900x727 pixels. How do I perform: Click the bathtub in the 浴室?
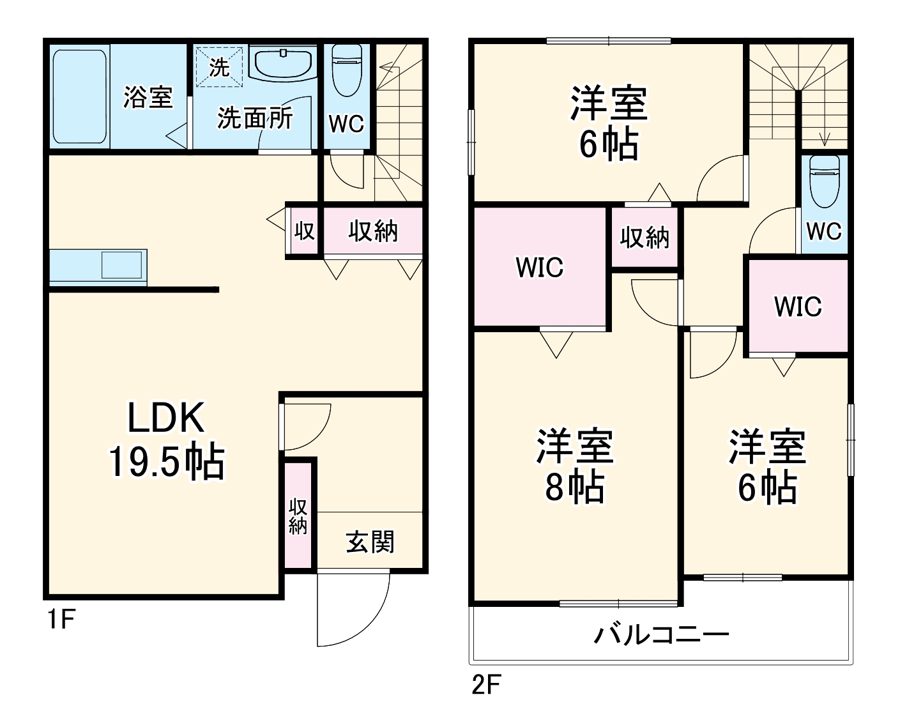tap(79, 96)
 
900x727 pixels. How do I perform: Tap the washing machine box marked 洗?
tap(219, 66)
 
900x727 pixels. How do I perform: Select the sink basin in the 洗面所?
tap(283, 63)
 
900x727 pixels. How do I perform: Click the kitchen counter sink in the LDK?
tap(121, 264)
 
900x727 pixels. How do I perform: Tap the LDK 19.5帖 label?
tap(166, 440)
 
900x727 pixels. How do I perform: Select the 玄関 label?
tap(370, 542)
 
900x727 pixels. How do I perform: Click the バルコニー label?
tap(662, 634)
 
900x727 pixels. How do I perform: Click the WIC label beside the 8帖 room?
tap(539, 268)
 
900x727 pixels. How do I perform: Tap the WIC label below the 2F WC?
tap(798, 307)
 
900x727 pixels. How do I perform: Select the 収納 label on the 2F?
tap(644, 238)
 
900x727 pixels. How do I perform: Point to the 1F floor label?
tap(61, 619)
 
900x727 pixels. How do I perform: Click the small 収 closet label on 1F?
tap(304, 231)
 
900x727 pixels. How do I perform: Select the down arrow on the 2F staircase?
tap(825, 137)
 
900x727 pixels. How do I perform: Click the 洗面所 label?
tap(255, 118)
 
